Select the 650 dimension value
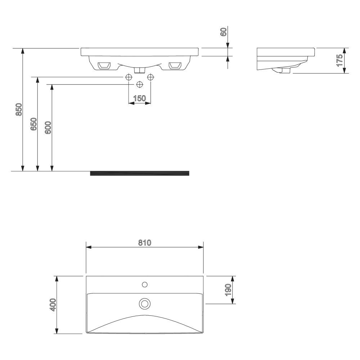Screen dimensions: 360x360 [33, 124]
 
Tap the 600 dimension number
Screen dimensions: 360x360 [48, 127]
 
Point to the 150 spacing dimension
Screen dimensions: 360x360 [139, 98]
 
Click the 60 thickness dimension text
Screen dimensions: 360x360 [223, 32]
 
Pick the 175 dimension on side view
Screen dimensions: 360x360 [339, 60]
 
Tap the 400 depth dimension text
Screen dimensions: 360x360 [52, 305]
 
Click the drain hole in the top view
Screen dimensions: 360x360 [145, 303]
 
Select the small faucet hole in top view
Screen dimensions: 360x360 [145, 284]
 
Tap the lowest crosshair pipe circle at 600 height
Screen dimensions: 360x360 [140, 84]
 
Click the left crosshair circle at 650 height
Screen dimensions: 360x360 [129, 77]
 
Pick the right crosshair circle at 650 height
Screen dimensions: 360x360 [150, 77]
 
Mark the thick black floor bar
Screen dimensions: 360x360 [139, 173]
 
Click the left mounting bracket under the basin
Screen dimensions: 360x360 [104, 65]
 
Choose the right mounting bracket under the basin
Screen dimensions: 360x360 [175, 65]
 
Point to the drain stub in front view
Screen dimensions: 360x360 [140, 69]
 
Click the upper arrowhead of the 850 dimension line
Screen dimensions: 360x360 [23, 51]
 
